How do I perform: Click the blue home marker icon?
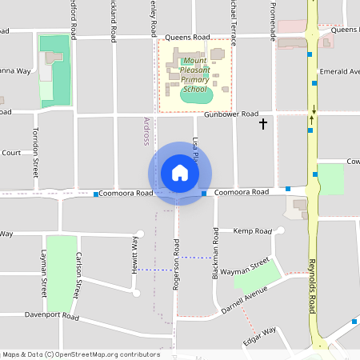(x=180, y=173)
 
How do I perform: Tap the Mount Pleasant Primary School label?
(x=194, y=74)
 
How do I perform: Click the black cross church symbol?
(x=263, y=124)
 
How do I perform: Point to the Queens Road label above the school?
(x=187, y=38)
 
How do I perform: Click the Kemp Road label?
(x=253, y=231)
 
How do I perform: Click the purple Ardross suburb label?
(x=146, y=130)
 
